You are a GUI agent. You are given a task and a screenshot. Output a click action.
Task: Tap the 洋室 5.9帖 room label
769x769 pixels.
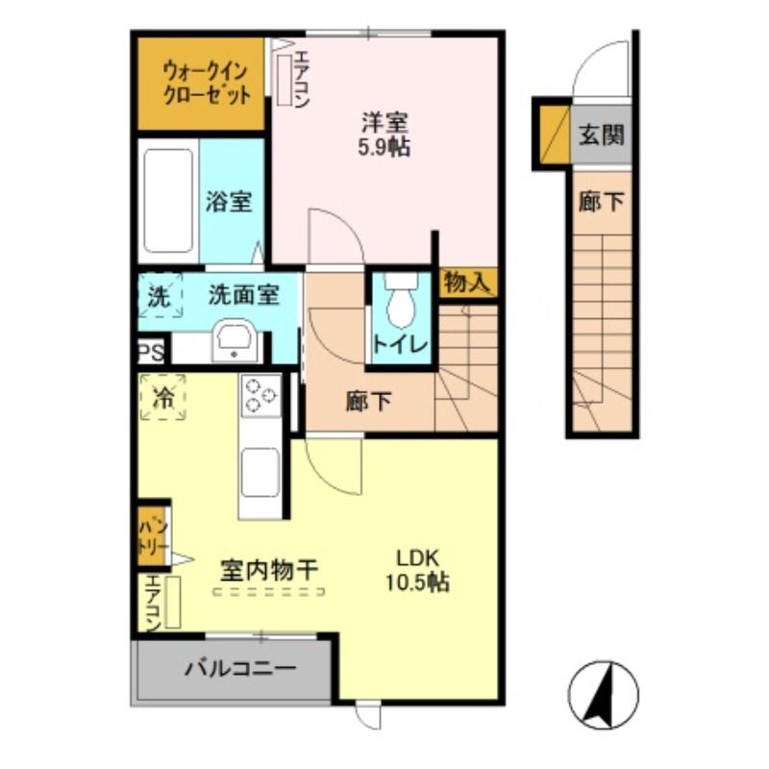[384, 136]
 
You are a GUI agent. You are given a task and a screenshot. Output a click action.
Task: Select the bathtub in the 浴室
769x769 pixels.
[167, 201]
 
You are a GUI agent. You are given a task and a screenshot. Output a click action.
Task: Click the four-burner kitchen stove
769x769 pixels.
[260, 395]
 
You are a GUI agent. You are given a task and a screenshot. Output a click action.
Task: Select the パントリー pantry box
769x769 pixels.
[152, 537]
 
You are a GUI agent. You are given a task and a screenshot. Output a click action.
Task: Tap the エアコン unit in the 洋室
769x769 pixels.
[284, 77]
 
